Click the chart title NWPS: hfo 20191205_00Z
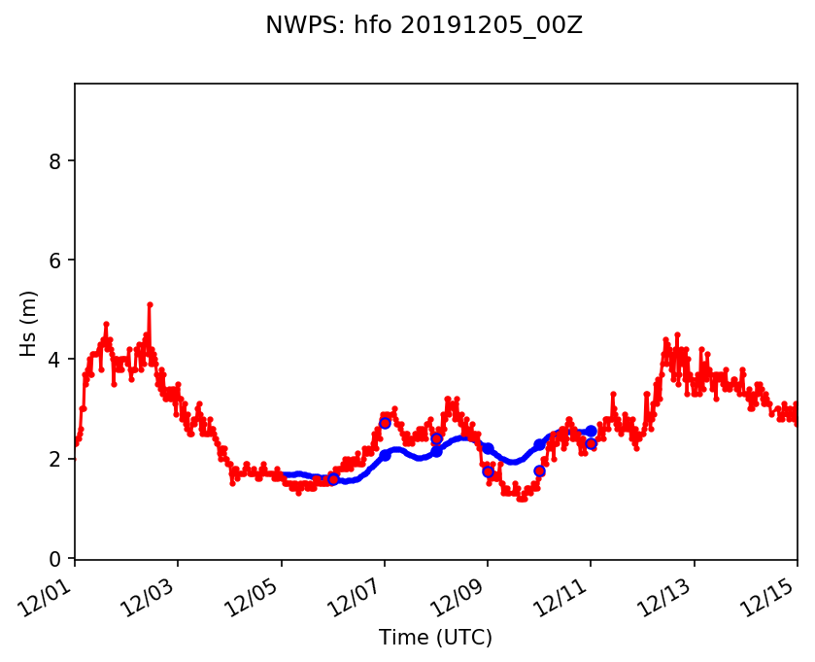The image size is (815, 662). [x=424, y=26]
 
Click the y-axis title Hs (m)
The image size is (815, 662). [x=29, y=322]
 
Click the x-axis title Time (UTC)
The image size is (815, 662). [x=435, y=638]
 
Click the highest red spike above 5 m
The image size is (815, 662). [x=150, y=304]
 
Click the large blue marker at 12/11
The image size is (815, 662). [x=591, y=431]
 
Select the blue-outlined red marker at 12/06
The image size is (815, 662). [x=333, y=479]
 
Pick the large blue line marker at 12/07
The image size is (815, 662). [x=385, y=455]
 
